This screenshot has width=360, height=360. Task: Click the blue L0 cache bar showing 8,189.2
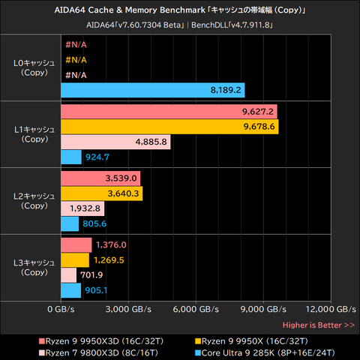(x=153, y=90)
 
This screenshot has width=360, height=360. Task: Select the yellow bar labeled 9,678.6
(x=169, y=127)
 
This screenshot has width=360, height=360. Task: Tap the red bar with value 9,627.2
(x=169, y=112)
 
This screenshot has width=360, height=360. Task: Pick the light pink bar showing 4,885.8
(x=115, y=142)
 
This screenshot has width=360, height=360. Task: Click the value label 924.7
(x=97, y=157)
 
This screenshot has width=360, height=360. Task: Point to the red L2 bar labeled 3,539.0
(x=100, y=178)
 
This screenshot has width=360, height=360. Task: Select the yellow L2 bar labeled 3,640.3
(x=102, y=193)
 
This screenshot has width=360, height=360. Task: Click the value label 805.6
(x=94, y=223)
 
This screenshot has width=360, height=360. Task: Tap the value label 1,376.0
(x=111, y=245)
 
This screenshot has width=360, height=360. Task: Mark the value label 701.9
(x=91, y=275)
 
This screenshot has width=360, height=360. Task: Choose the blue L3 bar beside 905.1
(x=71, y=290)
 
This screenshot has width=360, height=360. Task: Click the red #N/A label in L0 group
(x=76, y=45)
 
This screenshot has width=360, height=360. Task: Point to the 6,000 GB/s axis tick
(x=196, y=310)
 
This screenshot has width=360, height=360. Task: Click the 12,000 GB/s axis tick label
(x=331, y=310)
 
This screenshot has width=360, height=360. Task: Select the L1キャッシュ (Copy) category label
(x=34, y=134)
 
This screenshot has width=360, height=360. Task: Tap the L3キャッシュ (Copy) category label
(x=34, y=268)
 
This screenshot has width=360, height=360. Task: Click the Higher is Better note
(x=319, y=325)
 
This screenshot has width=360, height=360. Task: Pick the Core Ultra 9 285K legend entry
(x=265, y=353)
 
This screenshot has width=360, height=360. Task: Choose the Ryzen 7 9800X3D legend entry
(x=99, y=353)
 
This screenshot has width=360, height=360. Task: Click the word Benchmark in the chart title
(x=165, y=10)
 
